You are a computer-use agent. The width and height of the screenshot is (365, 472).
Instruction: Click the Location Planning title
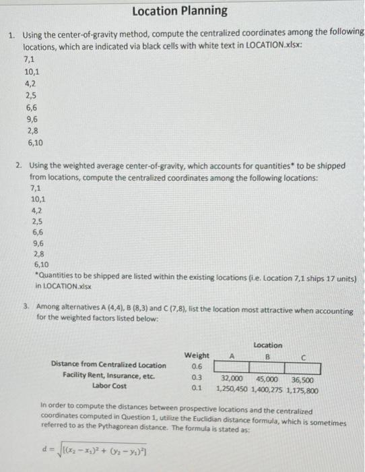pos(180,11)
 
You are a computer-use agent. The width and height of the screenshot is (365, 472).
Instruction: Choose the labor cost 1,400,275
pos(269,390)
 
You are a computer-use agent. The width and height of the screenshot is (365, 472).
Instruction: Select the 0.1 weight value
pos(196,390)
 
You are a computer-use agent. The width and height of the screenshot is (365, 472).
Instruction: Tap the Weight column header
pos(196,355)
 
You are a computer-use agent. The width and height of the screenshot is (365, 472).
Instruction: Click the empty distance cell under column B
pos(267,367)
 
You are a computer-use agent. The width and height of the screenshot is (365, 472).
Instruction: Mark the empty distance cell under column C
pos(302,367)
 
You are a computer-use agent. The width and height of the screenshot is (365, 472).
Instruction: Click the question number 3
pos(25,305)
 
